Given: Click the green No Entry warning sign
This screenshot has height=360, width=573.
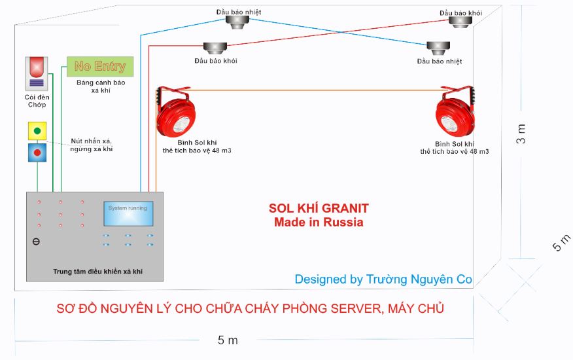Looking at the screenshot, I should pyautogui.click(x=100, y=67).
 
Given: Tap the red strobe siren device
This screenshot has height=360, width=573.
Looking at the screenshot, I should pyautogui.click(x=36, y=73).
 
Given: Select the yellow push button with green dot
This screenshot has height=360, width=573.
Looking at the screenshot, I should pyautogui.click(x=37, y=131).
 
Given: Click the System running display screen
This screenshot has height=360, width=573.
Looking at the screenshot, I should pyautogui.click(x=128, y=214).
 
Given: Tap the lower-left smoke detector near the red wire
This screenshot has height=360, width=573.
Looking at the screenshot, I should pyautogui.click(x=215, y=48).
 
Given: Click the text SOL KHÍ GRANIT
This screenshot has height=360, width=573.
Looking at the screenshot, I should pyautogui.click(x=319, y=209).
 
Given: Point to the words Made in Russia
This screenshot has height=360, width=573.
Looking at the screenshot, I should pyautogui.click(x=319, y=223).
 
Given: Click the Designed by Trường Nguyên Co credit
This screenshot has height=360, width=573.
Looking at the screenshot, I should pyautogui.click(x=383, y=279).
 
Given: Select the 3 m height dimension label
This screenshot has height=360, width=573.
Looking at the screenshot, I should pyautogui.click(x=522, y=134).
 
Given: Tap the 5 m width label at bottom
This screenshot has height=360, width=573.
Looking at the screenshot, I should pyautogui.click(x=228, y=340).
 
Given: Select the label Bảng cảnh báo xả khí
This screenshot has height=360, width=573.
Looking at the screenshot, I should pyautogui.click(x=101, y=86).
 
